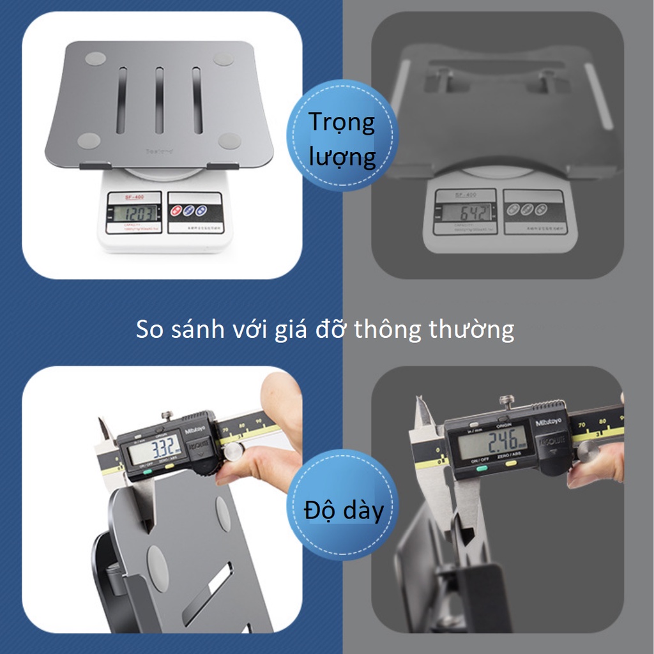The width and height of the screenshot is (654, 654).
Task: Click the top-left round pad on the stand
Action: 95,58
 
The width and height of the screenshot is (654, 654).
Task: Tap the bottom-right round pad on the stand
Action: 228,141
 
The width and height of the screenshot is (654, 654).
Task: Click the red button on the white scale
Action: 174,210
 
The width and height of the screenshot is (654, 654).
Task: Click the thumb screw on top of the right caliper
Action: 507,402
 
